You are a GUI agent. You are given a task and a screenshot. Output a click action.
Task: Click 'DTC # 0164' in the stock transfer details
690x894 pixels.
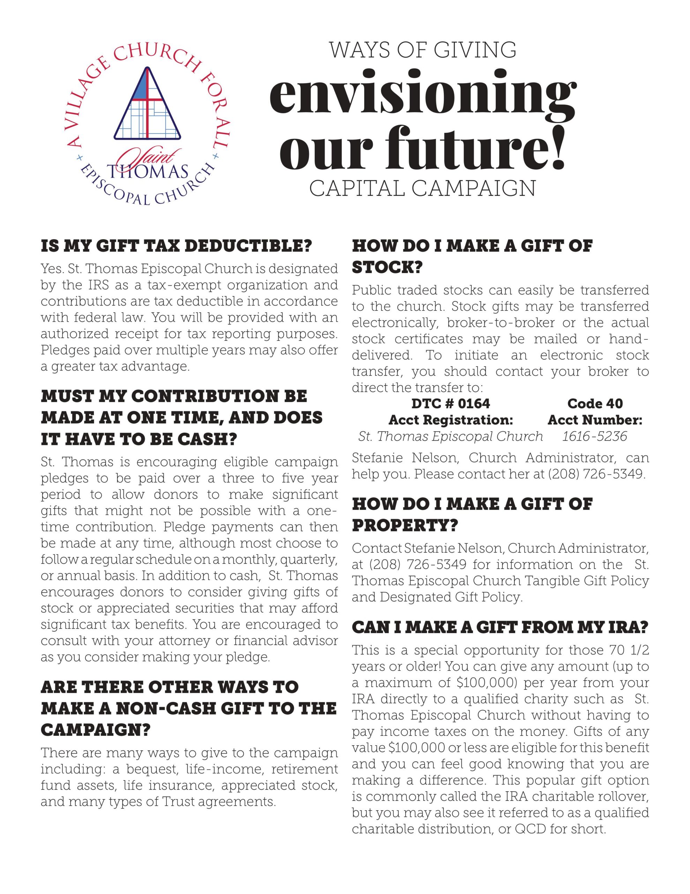pyautogui.click(x=450, y=404)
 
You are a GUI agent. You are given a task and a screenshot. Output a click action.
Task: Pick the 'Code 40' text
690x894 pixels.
pyautogui.click(x=595, y=404)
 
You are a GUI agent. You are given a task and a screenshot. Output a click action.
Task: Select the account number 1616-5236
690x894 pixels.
pyautogui.click(x=594, y=437)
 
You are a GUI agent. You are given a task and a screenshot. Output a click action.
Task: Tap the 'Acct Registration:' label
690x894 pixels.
pyautogui.click(x=450, y=420)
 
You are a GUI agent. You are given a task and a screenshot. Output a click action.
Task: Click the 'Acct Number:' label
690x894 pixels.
pyautogui.click(x=595, y=420)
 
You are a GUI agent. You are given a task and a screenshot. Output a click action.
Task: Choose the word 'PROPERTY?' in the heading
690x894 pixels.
pyautogui.click(x=405, y=526)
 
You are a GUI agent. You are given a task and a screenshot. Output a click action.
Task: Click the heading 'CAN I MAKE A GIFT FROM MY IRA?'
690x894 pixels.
pyautogui.click(x=500, y=627)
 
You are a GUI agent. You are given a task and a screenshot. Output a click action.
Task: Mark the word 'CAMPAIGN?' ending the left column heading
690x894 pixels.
pyautogui.click(x=96, y=730)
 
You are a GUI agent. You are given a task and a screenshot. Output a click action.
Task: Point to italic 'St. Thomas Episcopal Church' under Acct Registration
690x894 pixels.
pyautogui.click(x=450, y=437)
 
